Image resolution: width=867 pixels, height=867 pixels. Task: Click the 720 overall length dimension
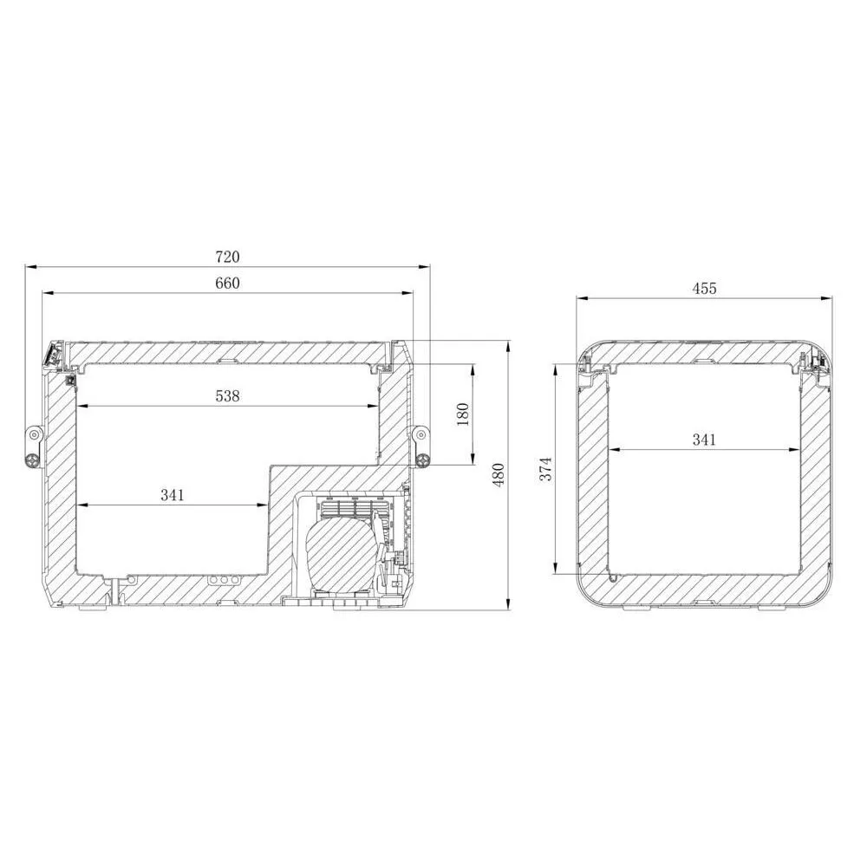227,257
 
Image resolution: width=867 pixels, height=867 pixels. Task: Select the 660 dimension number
227,283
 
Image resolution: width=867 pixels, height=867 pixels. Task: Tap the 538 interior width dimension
227,396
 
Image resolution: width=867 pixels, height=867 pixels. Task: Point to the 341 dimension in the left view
173,495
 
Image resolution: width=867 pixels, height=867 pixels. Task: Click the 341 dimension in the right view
704,440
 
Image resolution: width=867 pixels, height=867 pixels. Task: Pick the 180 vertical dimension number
462,414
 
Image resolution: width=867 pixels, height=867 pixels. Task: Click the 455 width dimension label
704,289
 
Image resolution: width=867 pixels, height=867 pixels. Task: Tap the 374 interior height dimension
545,469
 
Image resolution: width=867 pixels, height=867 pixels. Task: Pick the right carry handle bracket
422,446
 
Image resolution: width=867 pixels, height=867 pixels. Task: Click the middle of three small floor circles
223,580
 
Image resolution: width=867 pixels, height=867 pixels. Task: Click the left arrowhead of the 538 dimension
80,406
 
